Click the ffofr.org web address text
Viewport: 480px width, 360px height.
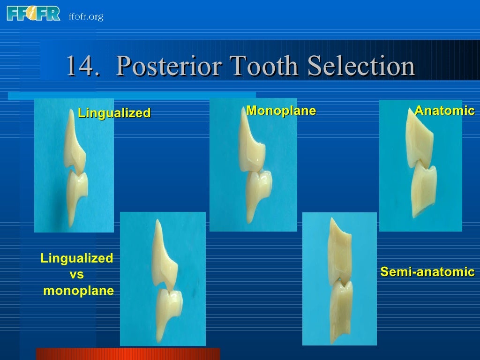point(86,17)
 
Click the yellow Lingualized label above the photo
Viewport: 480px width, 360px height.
point(114,113)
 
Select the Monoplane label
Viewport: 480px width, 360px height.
point(281,111)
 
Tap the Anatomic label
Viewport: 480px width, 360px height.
point(444,111)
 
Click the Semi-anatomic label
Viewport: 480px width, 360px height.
point(427,272)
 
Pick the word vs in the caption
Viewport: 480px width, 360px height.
point(76,275)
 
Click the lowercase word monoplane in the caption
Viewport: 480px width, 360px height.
point(78,291)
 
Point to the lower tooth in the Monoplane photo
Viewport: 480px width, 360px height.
point(256,190)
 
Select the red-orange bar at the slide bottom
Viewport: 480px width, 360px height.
point(127,353)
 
